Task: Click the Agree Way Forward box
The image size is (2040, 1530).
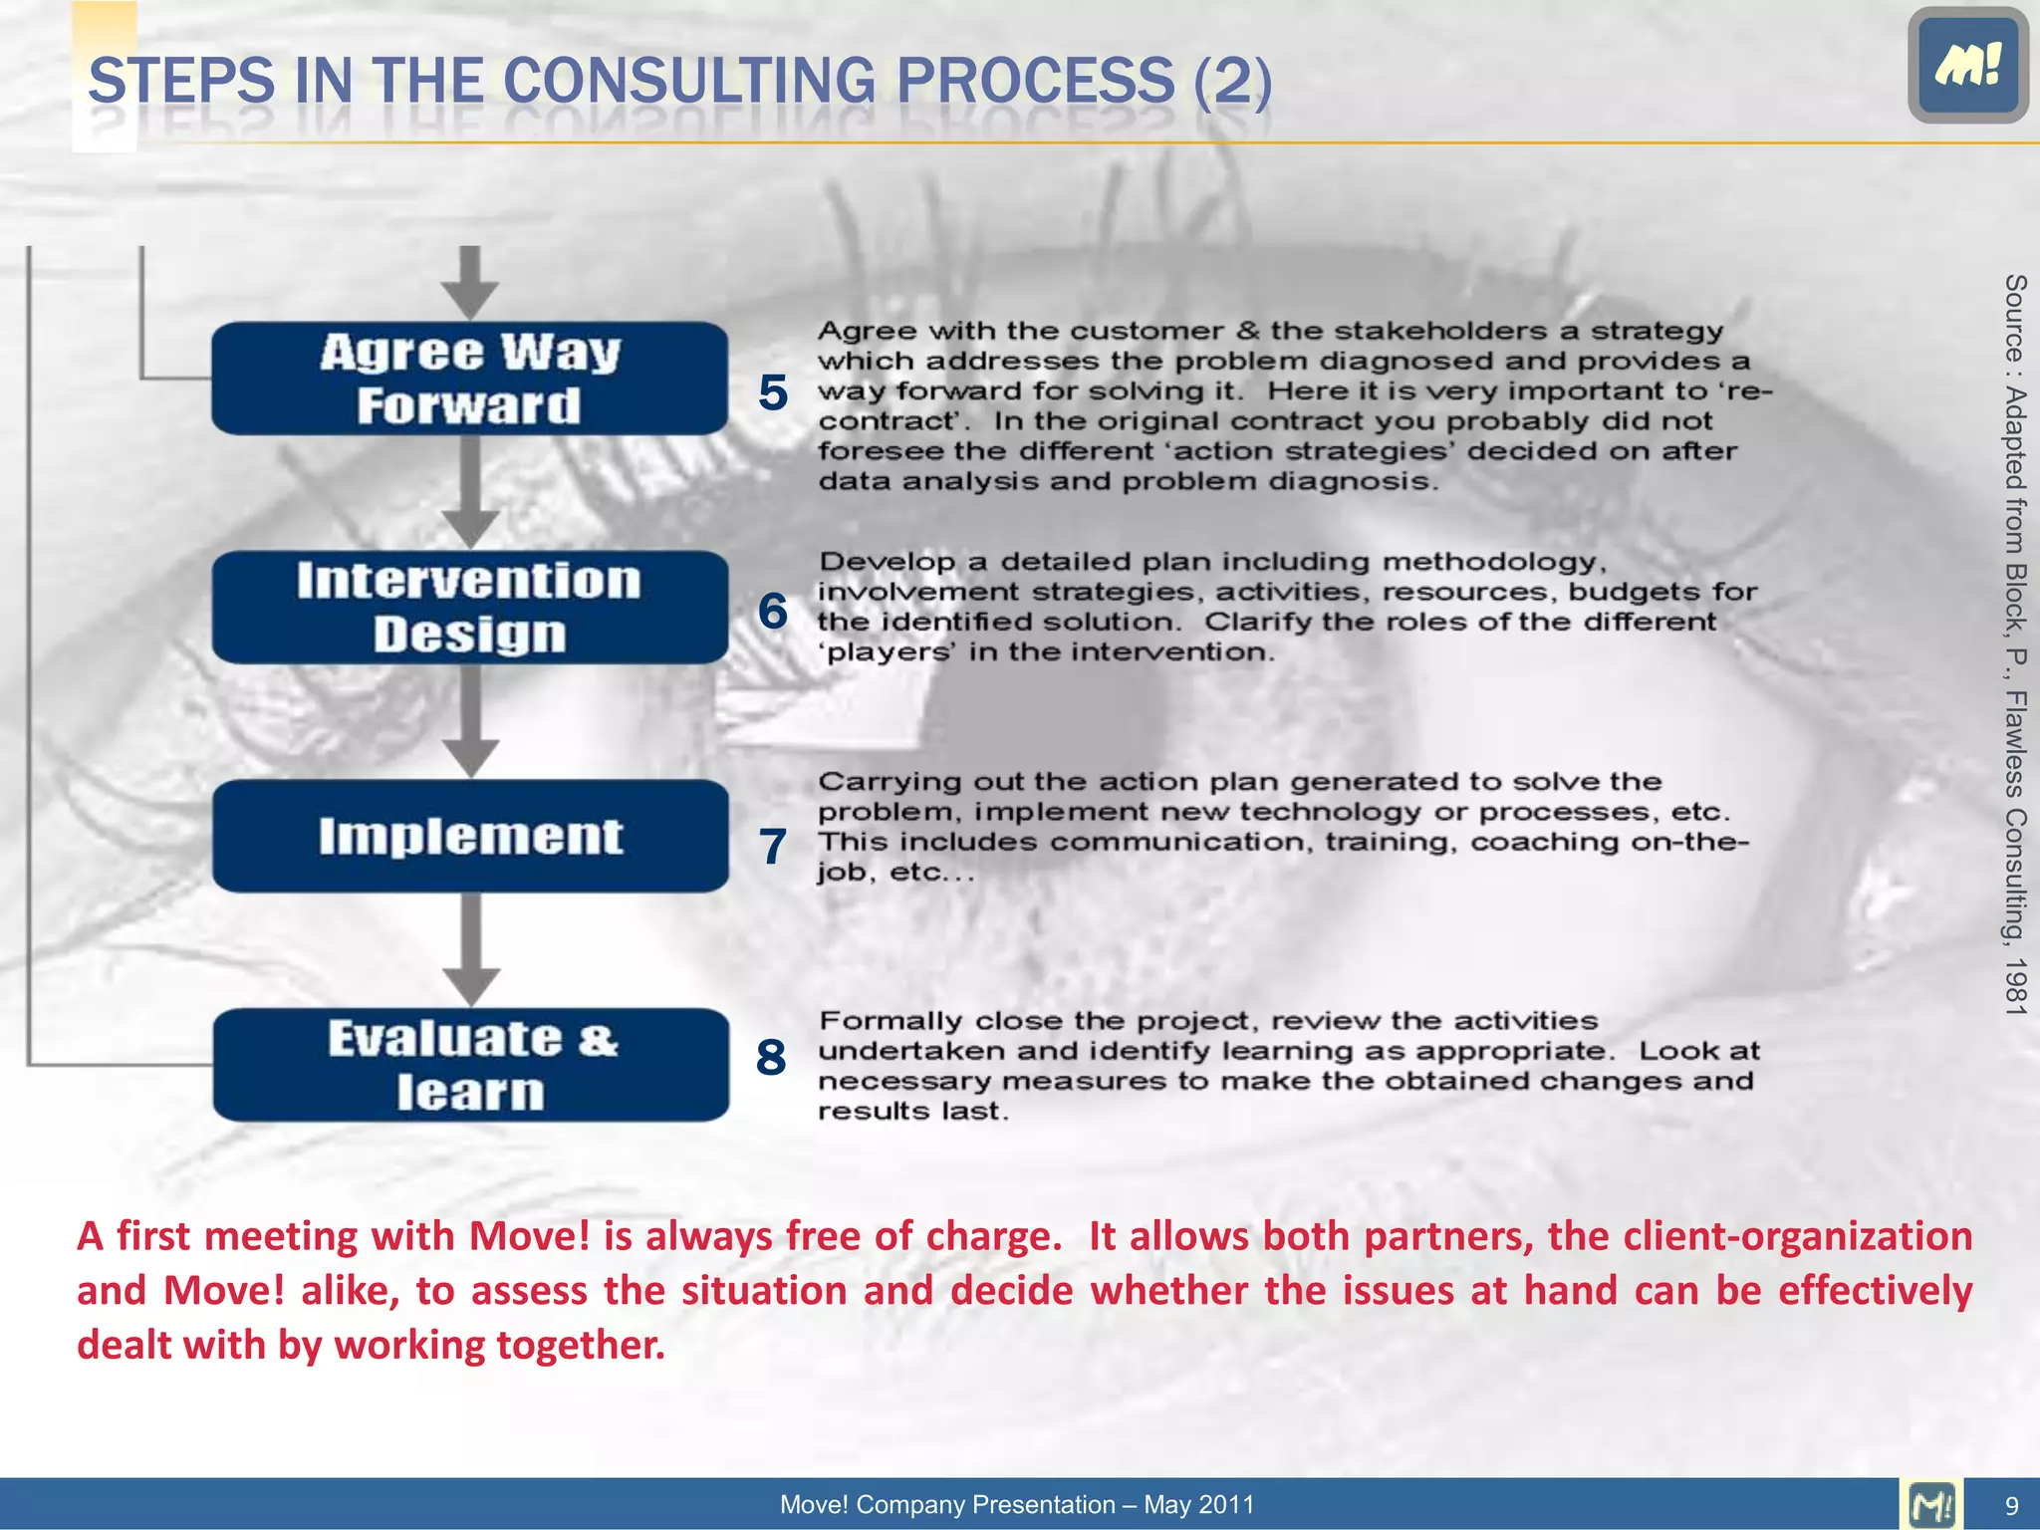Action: [x=469, y=379]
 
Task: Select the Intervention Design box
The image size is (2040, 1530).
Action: [x=469, y=608]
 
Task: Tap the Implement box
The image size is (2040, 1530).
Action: [x=469, y=837]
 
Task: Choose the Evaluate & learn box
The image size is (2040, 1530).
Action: [x=469, y=1065]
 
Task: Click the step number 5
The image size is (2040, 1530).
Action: [x=773, y=392]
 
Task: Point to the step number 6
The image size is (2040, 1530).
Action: [x=773, y=611]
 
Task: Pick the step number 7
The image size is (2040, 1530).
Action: [x=773, y=847]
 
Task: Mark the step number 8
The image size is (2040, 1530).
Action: [x=771, y=1057]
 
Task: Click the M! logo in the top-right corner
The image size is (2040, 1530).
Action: [x=1967, y=65]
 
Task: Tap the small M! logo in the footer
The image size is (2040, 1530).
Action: [x=1931, y=1504]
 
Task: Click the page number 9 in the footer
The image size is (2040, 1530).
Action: [x=2011, y=1505]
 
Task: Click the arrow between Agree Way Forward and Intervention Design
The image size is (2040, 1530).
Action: [x=470, y=493]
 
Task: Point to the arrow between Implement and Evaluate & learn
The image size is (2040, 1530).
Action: [x=470, y=951]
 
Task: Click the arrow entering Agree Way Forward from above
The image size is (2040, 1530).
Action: [x=470, y=284]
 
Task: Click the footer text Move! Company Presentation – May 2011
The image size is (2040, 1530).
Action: [x=1017, y=1504]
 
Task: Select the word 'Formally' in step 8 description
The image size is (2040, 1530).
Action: [x=890, y=1022]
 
